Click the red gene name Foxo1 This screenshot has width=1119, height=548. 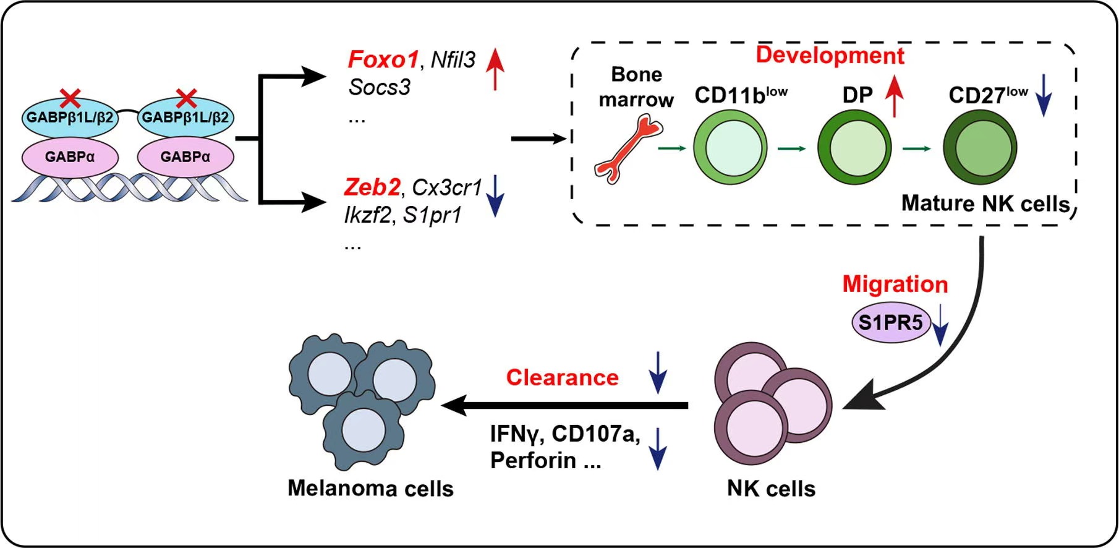[x=383, y=60]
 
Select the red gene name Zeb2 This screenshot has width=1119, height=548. [x=372, y=187]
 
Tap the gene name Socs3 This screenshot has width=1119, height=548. [x=379, y=87]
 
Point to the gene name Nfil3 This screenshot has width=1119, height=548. [x=453, y=60]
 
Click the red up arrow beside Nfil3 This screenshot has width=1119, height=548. [x=495, y=69]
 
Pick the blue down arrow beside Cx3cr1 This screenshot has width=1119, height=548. [x=495, y=195]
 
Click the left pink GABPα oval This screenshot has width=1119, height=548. [x=70, y=157]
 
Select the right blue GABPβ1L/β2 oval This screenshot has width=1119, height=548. [x=185, y=117]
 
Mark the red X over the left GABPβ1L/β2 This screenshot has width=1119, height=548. [x=70, y=97]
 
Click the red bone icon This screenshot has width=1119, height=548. [x=628, y=151]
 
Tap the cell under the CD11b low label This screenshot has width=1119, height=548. [x=730, y=148]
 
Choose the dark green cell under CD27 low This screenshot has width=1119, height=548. [x=980, y=148]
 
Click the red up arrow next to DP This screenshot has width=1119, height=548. [x=894, y=95]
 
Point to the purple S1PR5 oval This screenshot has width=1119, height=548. [x=890, y=322]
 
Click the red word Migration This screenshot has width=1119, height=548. [x=895, y=284]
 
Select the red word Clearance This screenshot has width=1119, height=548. [x=562, y=377]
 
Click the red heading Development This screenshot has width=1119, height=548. [x=830, y=56]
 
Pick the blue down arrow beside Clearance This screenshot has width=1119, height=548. [x=658, y=372]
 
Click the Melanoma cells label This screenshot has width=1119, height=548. [x=370, y=489]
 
